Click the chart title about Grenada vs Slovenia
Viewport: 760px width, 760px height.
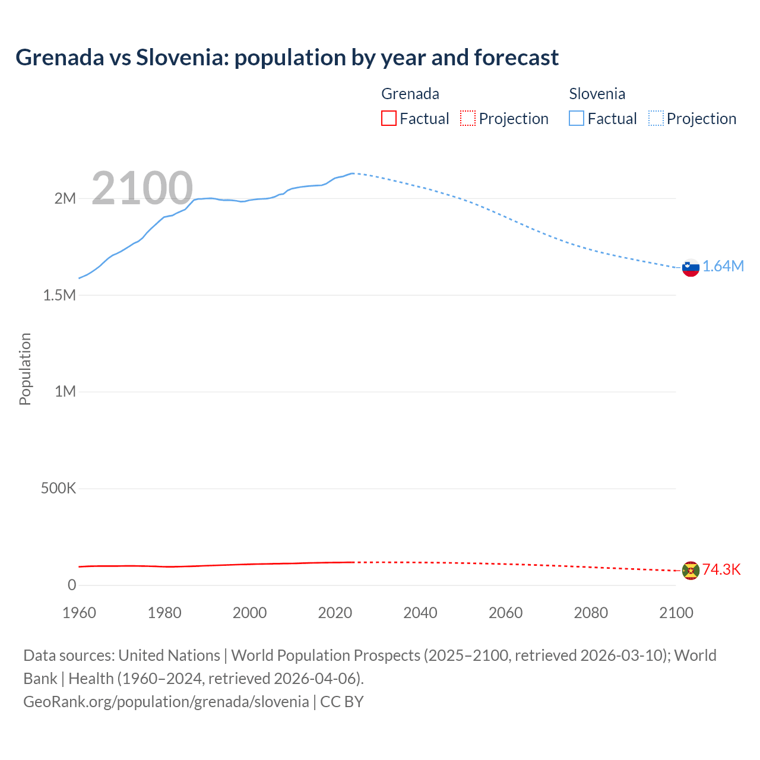coord(287,58)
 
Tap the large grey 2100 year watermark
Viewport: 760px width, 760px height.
coord(142,188)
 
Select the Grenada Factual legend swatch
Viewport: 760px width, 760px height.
coord(388,119)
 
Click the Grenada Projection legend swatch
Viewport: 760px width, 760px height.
coord(468,119)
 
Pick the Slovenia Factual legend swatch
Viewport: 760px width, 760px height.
coord(577,119)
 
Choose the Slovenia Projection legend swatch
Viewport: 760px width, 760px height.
coord(655,119)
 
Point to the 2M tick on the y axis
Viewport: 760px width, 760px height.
coord(65,198)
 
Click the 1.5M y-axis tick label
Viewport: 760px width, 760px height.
coord(59,295)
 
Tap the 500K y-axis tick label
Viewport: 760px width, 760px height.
coord(58,489)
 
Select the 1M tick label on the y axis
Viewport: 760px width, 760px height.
coord(65,392)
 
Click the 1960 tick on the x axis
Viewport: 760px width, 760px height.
coord(79,613)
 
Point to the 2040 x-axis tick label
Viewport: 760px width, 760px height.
coord(420,613)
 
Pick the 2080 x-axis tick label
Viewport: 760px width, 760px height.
coord(591,613)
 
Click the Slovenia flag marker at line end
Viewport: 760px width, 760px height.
coord(691,268)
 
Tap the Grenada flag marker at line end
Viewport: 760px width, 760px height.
coord(691,571)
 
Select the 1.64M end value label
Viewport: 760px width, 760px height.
coord(723,267)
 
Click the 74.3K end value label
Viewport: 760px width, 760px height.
coord(721,570)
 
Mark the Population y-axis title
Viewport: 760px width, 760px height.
coord(25,369)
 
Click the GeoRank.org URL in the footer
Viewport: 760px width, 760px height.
coord(166,702)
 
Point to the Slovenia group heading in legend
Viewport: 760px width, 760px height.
coord(597,94)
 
